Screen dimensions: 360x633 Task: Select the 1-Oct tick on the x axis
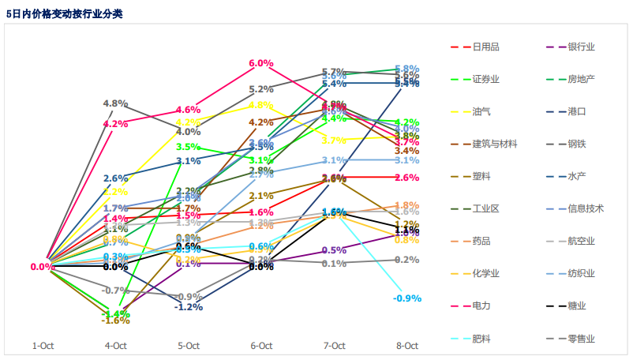pos(43,345)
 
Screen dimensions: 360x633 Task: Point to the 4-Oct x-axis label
pos(116,345)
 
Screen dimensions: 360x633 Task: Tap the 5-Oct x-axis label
pos(189,345)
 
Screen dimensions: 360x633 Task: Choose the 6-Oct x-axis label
pos(261,345)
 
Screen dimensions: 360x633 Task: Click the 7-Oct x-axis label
pos(334,345)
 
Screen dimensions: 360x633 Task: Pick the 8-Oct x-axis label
pos(406,345)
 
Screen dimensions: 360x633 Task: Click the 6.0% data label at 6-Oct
pos(261,63)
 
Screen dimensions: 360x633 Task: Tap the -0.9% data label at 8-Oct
pos(406,298)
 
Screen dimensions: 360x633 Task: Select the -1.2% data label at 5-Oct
pos(189,306)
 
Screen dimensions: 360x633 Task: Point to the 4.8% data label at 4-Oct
pos(115,103)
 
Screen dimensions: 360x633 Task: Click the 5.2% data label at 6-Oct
pos(261,89)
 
